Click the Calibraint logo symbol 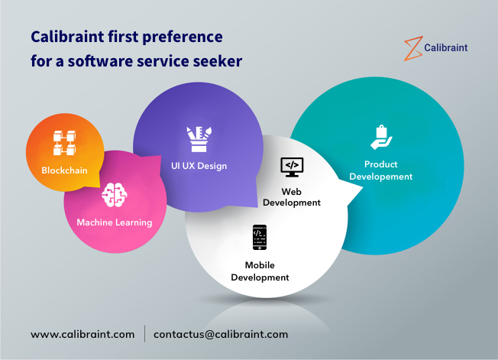point(412,47)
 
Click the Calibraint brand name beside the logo point(448,47)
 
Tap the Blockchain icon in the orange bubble point(65,144)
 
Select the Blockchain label point(65,170)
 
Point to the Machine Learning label point(115,222)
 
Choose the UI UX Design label point(199,166)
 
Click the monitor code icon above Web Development point(291,165)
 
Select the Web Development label point(291,197)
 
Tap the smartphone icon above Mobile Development point(260,238)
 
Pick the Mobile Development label point(260,271)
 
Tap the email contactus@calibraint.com point(221,334)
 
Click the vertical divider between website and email point(145,334)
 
